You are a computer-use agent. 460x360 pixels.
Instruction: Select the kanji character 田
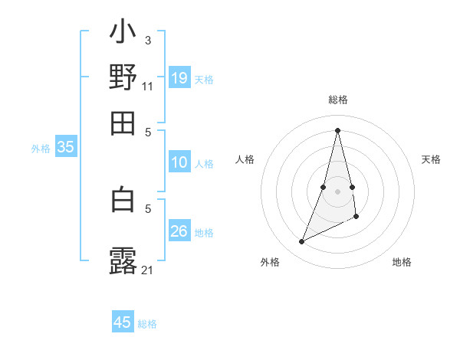click(x=123, y=123)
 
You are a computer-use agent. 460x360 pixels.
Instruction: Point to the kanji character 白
click(x=123, y=199)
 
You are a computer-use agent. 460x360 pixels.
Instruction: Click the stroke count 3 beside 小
click(x=147, y=40)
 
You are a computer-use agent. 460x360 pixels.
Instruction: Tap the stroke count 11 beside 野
click(x=148, y=86)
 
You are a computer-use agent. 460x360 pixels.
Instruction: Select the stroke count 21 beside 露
click(x=148, y=270)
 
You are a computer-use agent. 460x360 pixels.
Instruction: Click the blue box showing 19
click(x=179, y=77)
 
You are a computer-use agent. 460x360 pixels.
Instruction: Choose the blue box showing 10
click(x=179, y=162)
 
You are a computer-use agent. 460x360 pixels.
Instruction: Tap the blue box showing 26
click(x=179, y=231)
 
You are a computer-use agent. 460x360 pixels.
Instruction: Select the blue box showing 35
click(x=65, y=147)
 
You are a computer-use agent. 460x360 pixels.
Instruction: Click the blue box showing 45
click(x=123, y=322)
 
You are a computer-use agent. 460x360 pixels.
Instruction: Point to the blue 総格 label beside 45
click(x=147, y=324)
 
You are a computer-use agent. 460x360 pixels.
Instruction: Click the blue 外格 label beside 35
click(x=41, y=149)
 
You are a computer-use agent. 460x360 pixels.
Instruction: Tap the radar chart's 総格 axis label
click(x=337, y=100)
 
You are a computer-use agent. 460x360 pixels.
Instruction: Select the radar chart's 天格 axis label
click(x=432, y=159)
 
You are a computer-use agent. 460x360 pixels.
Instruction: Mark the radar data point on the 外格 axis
click(x=302, y=242)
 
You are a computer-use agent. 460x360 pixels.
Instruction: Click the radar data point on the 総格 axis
click(x=337, y=129)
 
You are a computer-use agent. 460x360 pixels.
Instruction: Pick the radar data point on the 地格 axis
click(x=356, y=218)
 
